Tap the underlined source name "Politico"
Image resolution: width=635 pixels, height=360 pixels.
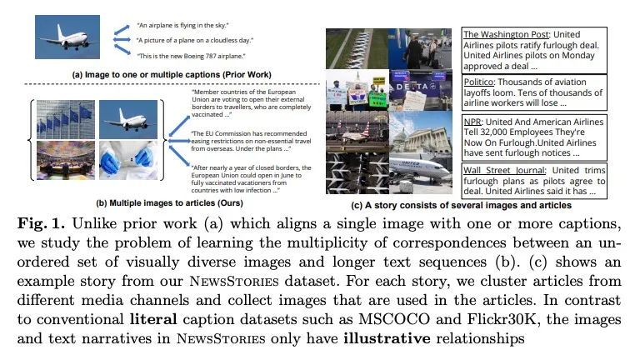(482, 82)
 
